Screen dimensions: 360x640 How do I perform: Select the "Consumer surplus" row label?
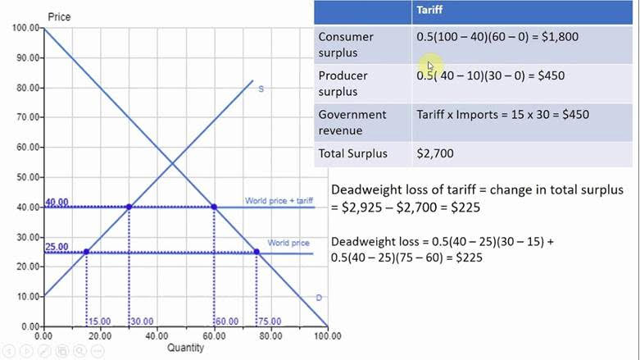(346, 44)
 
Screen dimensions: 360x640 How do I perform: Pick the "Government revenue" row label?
(352, 122)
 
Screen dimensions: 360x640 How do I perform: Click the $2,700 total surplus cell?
(435, 153)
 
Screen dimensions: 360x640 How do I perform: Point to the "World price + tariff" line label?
(278, 201)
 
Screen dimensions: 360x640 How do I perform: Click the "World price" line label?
(288, 243)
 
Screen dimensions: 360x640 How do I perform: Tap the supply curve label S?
(261, 89)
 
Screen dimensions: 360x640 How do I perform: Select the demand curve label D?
(319, 298)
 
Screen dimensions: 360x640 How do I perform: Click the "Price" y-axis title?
(58, 16)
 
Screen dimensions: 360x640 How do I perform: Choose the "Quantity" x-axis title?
(185, 348)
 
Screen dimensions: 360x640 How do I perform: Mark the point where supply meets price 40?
(129, 207)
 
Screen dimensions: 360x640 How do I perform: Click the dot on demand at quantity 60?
(214, 207)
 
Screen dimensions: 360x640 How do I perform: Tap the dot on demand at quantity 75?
(256, 252)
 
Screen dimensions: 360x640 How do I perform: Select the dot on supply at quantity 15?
(87, 252)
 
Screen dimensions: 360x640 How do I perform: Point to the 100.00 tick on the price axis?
(25, 28)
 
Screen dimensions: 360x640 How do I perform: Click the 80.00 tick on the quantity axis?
(270, 335)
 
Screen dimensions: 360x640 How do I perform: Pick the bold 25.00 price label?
(57, 247)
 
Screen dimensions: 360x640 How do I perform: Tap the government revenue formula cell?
(502, 115)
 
